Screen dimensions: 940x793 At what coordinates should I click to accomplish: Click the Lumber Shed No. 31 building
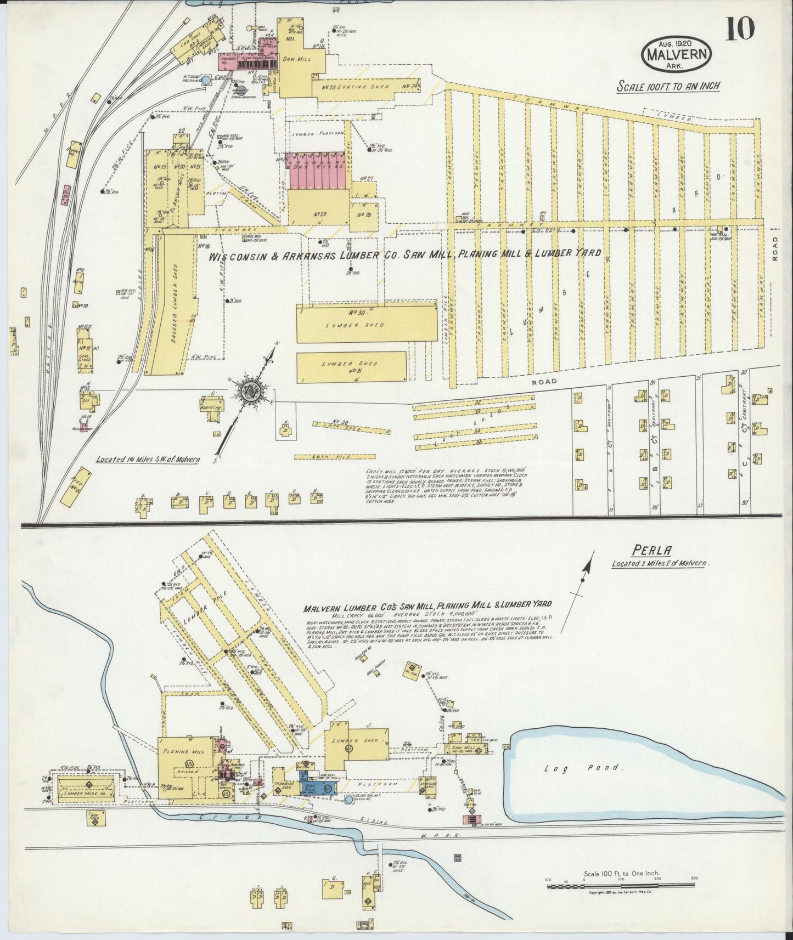pos(351,367)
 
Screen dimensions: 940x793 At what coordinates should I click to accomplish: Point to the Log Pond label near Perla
pos(583,768)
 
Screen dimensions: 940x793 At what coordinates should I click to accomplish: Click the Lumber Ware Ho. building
pos(87,788)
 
